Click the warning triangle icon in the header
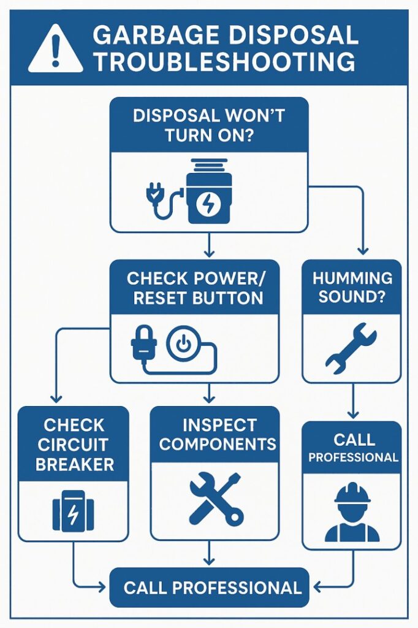click(56, 49)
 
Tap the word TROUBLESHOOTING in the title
click(224, 63)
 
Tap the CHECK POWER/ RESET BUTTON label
click(195, 288)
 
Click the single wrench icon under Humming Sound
click(351, 348)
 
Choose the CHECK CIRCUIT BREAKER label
click(74, 445)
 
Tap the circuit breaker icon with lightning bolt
click(73, 511)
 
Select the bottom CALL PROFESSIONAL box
click(209, 588)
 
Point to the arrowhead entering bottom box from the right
click(316, 588)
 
